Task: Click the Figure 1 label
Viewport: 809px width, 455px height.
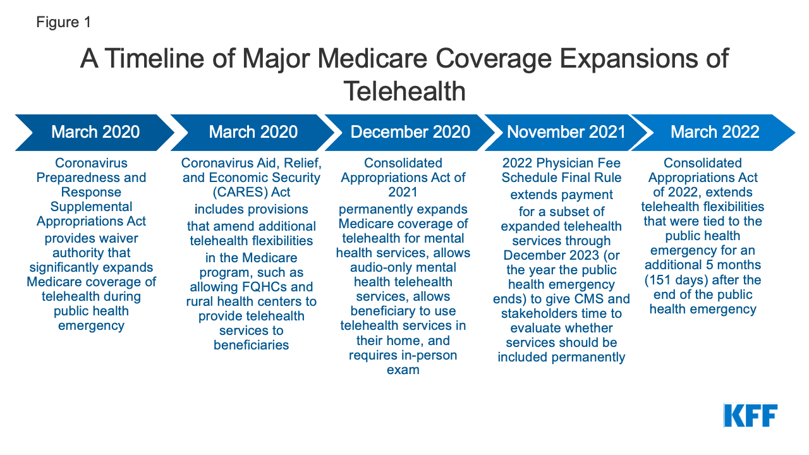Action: click(63, 22)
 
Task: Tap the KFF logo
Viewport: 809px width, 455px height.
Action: click(750, 415)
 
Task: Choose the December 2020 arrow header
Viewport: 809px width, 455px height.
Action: click(410, 131)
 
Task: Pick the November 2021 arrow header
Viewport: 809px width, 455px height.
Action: click(566, 131)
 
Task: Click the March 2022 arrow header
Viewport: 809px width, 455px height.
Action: click(714, 131)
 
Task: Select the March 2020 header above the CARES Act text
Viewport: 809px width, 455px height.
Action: click(253, 131)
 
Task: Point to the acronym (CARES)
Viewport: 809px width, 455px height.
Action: click(212, 193)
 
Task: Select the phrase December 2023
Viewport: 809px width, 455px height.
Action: click(545, 255)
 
